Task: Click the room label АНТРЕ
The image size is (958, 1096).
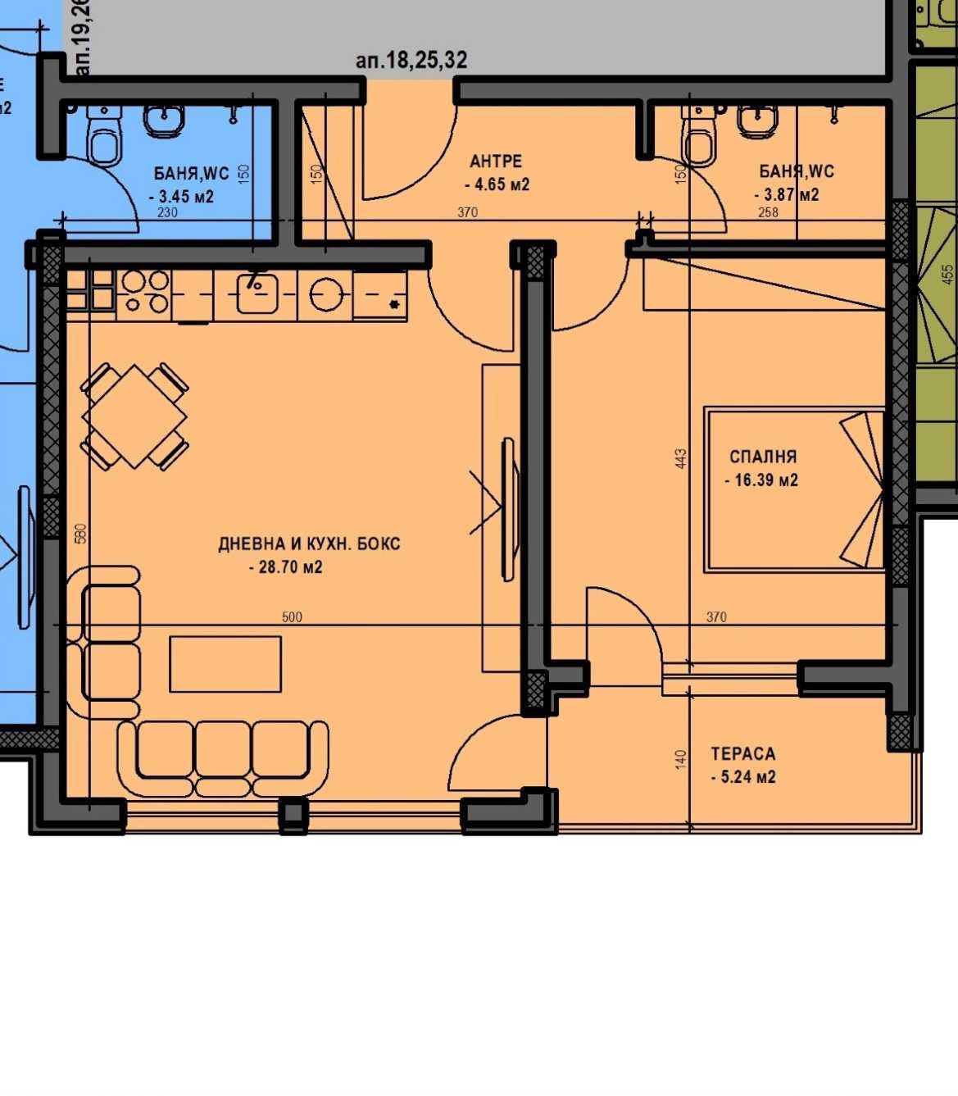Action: (495, 161)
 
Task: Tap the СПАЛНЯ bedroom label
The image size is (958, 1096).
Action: (763, 457)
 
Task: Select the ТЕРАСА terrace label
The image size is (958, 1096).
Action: (742, 753)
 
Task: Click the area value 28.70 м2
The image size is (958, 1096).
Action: (286, 566)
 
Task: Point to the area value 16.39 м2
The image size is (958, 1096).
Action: (762, 480)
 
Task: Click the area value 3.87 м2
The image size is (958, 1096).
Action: (787, 195)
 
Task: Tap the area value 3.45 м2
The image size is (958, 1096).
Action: (182, 197)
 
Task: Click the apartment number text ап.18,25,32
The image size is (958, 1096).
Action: (411, 60)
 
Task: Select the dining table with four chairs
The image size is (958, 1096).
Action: (135, 416)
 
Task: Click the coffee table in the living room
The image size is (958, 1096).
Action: (225, 664)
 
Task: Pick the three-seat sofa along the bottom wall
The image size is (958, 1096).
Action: (224, 756)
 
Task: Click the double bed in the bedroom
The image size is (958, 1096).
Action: (793, 489)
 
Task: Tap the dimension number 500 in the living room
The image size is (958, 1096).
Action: (292, 617)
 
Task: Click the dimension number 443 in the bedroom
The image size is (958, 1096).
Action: (681, 458)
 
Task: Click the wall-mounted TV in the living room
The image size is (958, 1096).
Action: (509, 508)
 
